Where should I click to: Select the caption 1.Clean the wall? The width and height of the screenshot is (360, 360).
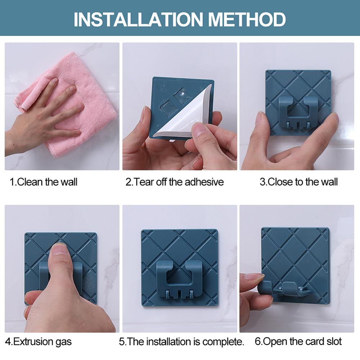[x=44, y=182]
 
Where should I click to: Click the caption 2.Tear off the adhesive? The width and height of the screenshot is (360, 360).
[x=175, y=182]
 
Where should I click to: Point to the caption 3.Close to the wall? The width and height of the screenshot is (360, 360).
[x=299, y=182]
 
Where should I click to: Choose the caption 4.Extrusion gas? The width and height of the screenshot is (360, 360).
[x=39, y=342]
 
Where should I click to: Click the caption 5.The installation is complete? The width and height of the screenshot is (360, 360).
[x=181, y=342]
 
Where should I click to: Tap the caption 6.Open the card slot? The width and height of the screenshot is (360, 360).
[x=298, y=341]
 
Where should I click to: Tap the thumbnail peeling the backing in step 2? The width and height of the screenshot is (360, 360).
[x=199, y=128]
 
